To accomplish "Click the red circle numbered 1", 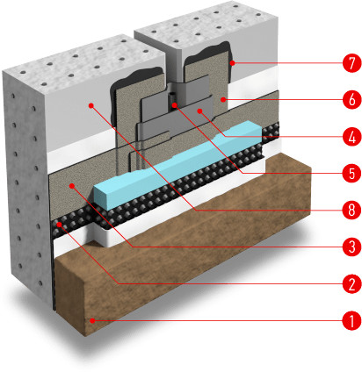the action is coord(351,320).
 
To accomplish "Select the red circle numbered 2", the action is coord(351,283).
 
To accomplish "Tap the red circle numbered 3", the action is coord(351,247).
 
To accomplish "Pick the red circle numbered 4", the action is coord(351,136).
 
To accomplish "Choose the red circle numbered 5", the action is coord(351,173).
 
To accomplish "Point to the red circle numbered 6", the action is coord(351,99).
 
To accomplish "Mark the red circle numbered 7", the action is coord(351,62).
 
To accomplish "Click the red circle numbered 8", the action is coord(351,210).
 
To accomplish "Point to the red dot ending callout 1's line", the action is coord(92,321).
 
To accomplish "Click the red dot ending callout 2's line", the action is coord(60,225).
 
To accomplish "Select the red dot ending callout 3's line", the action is coord(72,185).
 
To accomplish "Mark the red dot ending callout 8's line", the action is coord(91,105).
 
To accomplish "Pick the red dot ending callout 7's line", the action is coord(233,62).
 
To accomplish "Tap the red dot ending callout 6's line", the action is coord(223,100).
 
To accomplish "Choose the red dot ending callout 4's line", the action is coord(200,111).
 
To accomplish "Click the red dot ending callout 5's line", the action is coord(174,105).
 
